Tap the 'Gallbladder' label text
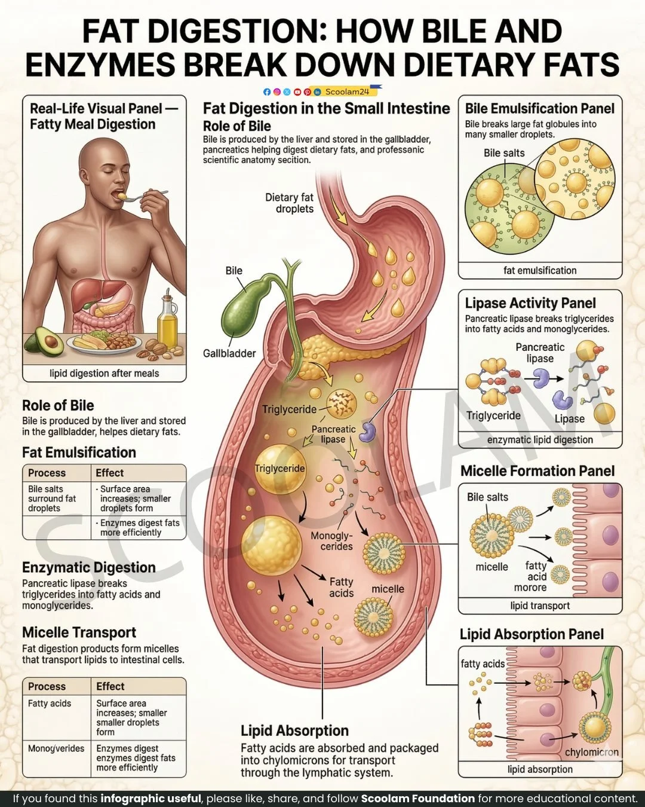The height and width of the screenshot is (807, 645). coord(229,353)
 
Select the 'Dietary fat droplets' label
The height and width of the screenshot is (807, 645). coord(290,203)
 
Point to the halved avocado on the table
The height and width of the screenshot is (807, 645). coord(44,341)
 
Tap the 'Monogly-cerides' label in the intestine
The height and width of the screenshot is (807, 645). coord(332,541)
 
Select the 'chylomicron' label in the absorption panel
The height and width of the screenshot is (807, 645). coord(591,752)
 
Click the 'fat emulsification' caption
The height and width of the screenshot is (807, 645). coord(540,270)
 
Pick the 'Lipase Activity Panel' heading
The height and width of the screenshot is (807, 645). coord(530,303)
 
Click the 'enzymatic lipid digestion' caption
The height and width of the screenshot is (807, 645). coord(540,440)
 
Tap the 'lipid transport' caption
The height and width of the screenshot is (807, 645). coord(540,606)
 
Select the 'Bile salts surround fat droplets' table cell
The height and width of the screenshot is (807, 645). coord(53,499)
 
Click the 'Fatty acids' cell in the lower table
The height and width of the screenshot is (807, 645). coord(50,704)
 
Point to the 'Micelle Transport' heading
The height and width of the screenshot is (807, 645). coord(79,632)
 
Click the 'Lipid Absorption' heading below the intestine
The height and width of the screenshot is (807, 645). coord(294,730)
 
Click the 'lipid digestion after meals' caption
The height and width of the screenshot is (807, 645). coord(105,374)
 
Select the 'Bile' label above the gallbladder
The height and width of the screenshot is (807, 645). coord(234,271)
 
